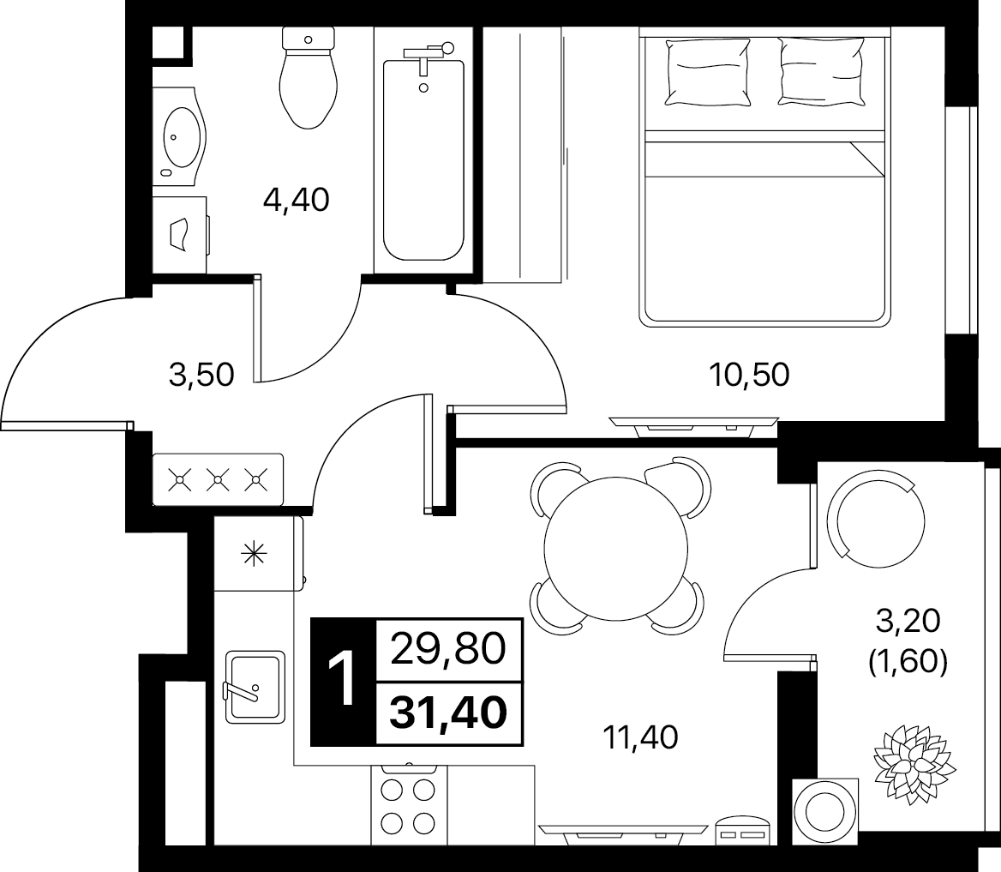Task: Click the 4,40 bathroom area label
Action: click(x=297, y=200)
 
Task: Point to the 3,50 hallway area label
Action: click(x=201, y=375)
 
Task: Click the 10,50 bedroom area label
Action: click(x=750, y=375)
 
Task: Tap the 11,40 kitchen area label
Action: click(x=640, y=737)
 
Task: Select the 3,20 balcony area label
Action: click(x=907, y=620)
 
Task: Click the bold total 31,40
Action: click(x=449, y=713)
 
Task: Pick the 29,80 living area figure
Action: click(x=448, y=650)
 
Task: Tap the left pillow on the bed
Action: click(x=707, y=71)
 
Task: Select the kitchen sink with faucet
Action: click(x=255, y=688)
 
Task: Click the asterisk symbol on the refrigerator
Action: click(x=254, y=553)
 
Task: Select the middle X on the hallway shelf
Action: click(x=219, y=479)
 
